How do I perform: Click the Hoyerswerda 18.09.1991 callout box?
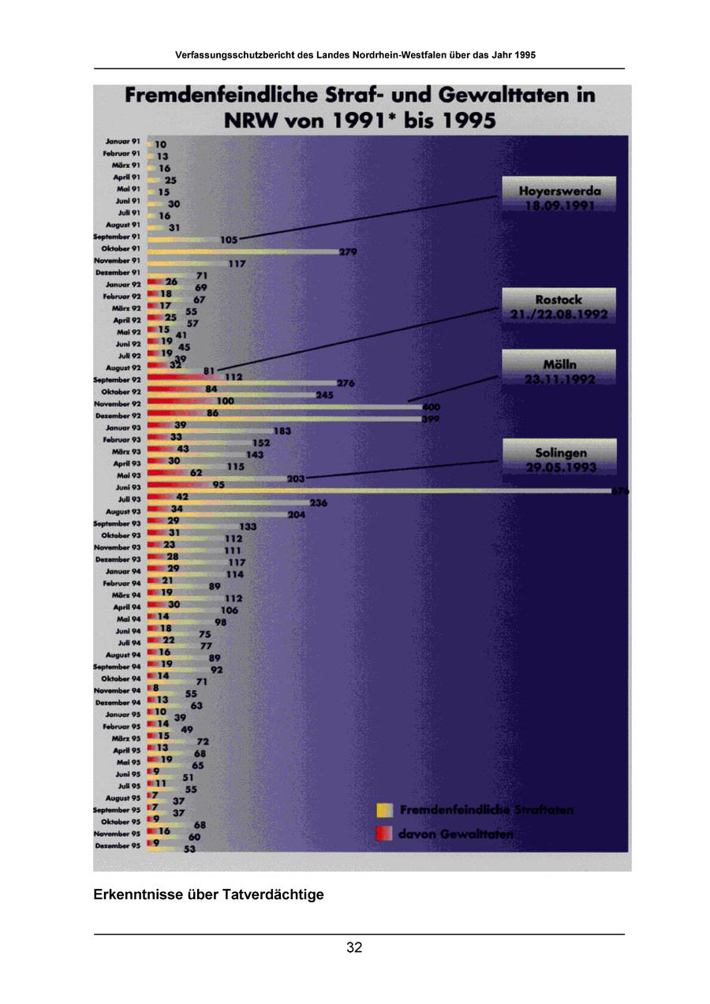point(559,197)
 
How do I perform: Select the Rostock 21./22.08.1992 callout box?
point(559,306)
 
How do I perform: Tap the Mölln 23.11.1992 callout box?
point(559,371)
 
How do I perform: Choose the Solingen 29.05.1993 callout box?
point(559,460)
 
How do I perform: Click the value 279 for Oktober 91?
point(349,252)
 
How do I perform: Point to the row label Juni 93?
point(126,488)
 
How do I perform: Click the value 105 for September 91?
point(229,239)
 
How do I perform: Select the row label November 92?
point(118,404)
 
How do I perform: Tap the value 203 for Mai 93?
point(296,478)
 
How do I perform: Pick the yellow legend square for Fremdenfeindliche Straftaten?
point(384,810)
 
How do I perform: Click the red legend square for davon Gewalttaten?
point(384,833)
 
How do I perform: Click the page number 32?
point(354,948)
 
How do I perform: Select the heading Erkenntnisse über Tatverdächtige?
point(208,895)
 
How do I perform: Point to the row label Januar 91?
point(123,141)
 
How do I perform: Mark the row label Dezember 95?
point(118,845)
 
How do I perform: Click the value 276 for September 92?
point(346,383)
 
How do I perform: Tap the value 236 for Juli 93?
point(319,502)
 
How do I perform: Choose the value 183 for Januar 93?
point(282,431)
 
